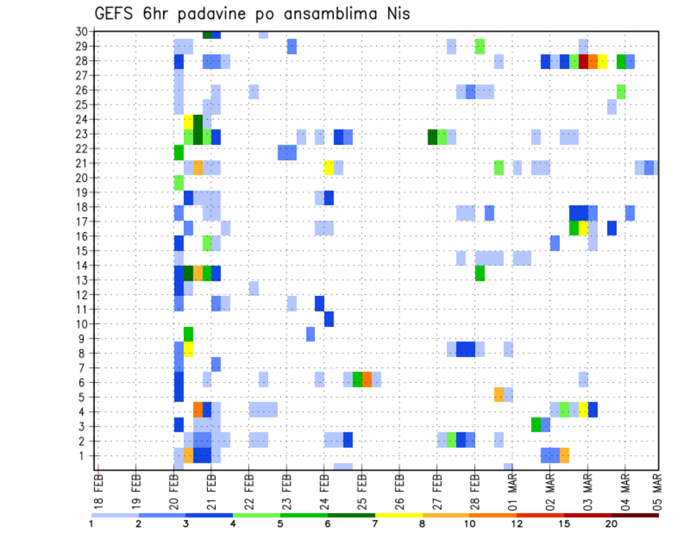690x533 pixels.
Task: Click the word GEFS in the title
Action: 118,14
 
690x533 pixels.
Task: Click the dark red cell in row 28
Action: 584,61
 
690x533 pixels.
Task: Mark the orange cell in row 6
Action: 367,379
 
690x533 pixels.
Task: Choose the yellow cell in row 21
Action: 329,167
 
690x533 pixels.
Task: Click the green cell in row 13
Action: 479,273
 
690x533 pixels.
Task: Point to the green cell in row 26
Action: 621,91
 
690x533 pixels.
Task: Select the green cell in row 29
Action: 479,47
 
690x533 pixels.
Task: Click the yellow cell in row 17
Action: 584,228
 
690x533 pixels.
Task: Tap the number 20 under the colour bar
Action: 612,523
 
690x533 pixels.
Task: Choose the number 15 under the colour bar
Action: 564,523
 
